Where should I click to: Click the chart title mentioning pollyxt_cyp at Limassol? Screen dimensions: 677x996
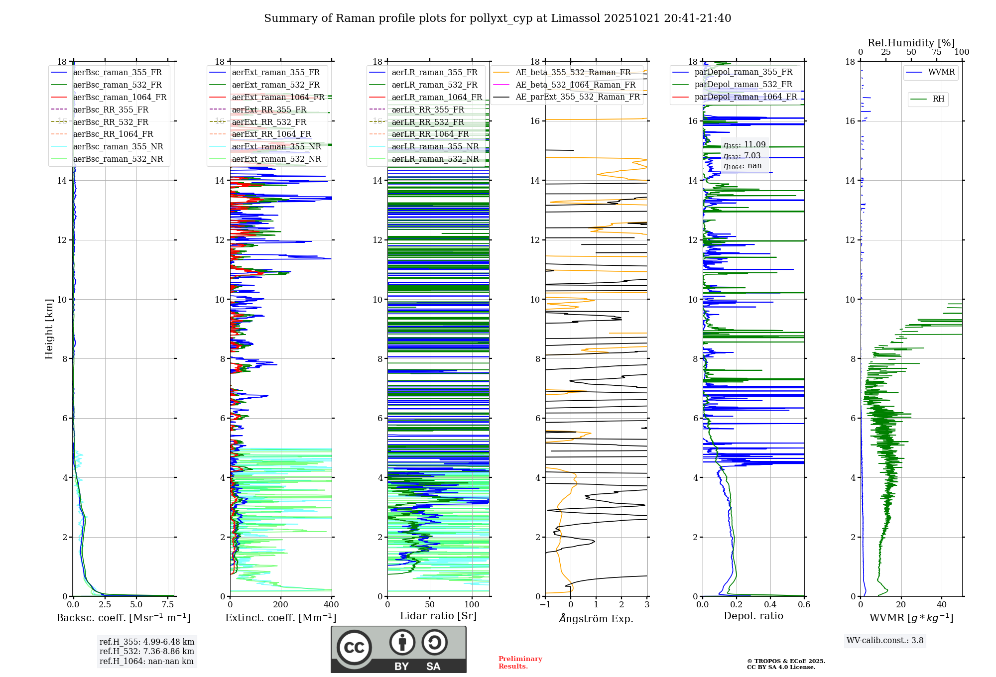click(498, 18)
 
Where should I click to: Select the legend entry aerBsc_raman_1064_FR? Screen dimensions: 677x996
click(120, 97)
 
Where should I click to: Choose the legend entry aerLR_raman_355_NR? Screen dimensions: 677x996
click(435, 146)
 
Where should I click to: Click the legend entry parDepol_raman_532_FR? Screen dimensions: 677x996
click(743, 84)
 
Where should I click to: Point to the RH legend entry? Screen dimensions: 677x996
click(938, 99)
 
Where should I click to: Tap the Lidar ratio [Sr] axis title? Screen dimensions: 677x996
click(438, 616)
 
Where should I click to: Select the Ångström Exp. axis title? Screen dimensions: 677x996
click(596, 619)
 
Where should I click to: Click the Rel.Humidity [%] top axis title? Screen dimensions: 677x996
click(911, 43)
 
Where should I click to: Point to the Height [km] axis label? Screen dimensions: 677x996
click(49, 329)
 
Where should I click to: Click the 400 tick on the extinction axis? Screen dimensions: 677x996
click(331, 605)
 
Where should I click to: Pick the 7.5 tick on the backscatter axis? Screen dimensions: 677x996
click(168, 605)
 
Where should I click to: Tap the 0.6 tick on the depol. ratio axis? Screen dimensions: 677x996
click(804, 605)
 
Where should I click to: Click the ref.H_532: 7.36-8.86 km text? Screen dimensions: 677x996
click(146, 651)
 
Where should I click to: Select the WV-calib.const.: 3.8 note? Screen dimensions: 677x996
click(884, 641)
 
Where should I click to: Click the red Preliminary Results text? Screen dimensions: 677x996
click(520, 663)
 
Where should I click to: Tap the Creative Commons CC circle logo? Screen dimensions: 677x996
click(354, 647)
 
